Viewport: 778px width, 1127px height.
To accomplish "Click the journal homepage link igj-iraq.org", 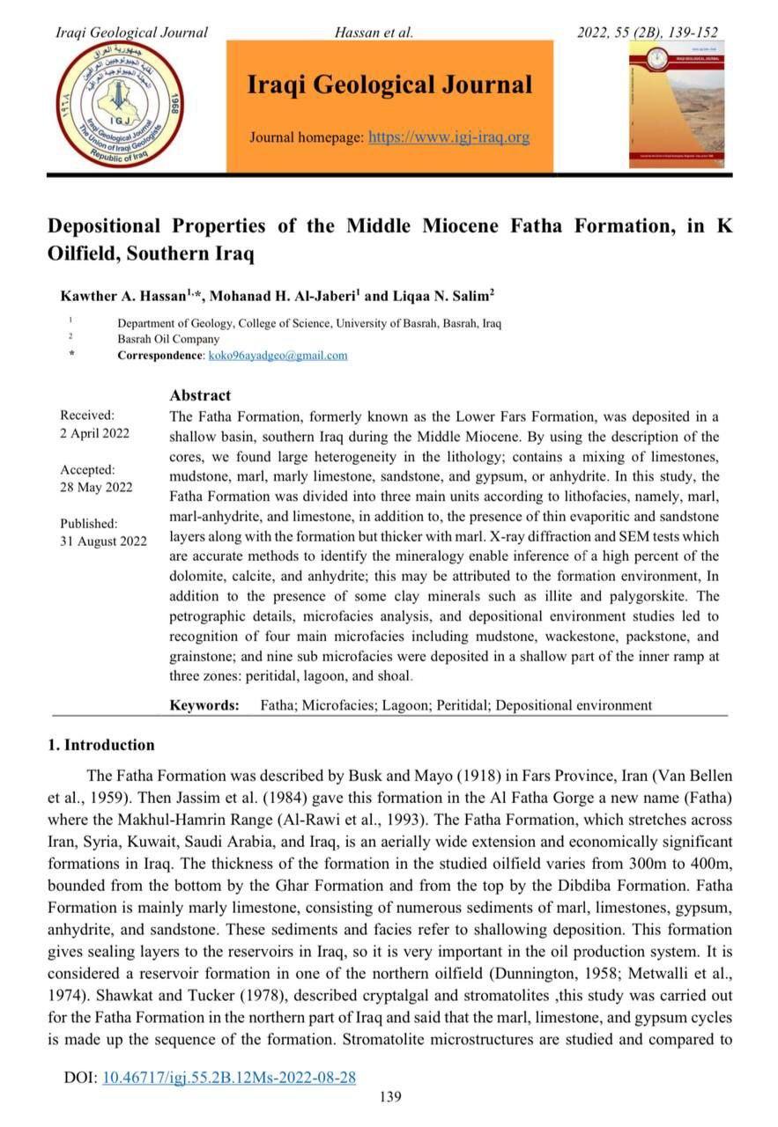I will tap(448, 137).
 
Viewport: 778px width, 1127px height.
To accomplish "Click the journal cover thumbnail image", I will tap(676, 104).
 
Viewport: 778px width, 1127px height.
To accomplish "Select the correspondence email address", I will tap(278, 355).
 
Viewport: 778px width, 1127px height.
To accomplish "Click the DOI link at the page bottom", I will tap(229, 1077).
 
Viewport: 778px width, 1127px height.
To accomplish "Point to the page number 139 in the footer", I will tap(389, 1096).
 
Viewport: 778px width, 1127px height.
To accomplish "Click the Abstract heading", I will tap(200, 395).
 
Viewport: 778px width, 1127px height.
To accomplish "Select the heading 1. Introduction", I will tap(100, 745).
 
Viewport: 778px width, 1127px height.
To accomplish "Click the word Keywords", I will tap(204, 705).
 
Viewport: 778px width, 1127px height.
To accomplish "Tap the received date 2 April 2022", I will tap(94, 432).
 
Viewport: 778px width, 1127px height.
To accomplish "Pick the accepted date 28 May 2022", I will tap(96, 487).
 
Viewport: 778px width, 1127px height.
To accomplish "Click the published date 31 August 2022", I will tap(103, 541).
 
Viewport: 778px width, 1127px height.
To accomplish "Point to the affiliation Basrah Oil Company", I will tap(168, 339).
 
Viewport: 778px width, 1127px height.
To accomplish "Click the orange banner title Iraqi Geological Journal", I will tap(389, 85).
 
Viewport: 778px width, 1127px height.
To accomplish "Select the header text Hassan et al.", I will tap(374, 33).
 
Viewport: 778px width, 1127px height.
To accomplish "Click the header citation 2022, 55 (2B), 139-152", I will tap(647, 33).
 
